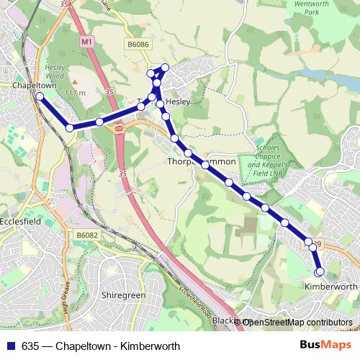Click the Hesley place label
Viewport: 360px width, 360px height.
click(177, 102)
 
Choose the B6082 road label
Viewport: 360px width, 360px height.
click(86, 235)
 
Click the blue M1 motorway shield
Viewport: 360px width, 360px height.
click(86, 43)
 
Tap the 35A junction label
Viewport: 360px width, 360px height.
click(68, 4)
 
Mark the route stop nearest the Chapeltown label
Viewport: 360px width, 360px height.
click(40, 96)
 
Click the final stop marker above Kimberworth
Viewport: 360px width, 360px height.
click(320, 271)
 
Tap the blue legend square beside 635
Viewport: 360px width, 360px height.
click(11, 346)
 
